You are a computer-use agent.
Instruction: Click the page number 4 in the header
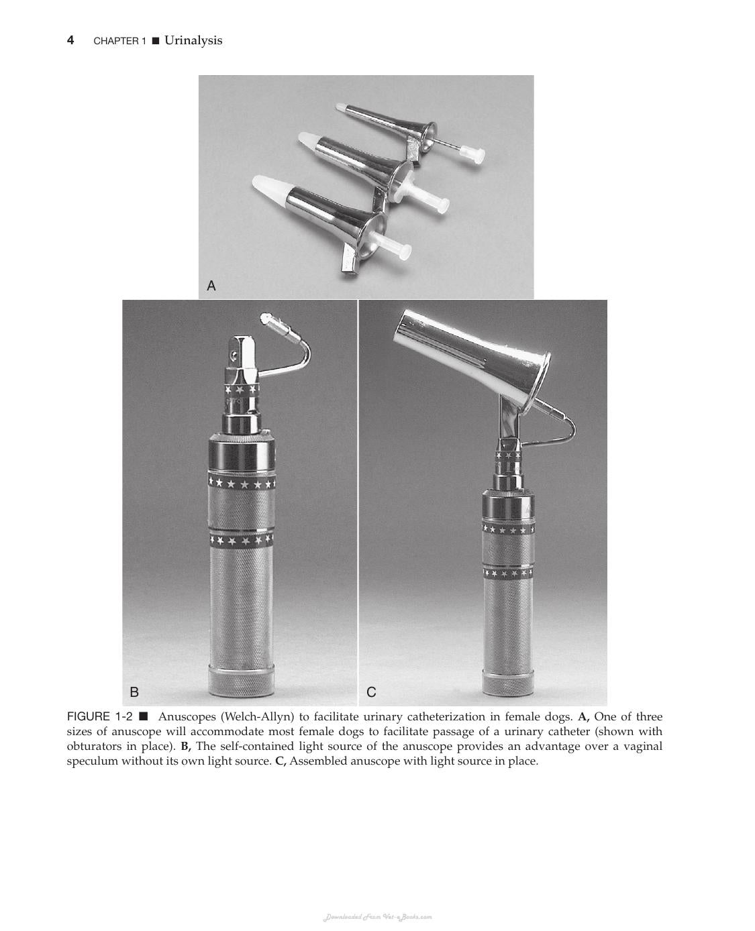pyautogui.click(x=70, y=41)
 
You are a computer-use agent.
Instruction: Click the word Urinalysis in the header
pyautogui.click(x=193, y=41)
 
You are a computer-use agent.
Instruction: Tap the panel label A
pyautogui.click(x=211, y=286)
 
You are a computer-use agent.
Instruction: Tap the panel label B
pyautogui.click(x=134, y=692)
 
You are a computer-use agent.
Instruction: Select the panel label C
pyautogui.click(x=371, y=692)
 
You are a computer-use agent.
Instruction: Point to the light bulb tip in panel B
pyautogui.click(x=265, y=318)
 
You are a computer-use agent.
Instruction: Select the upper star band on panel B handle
pyautogui.click(x=242, y=482)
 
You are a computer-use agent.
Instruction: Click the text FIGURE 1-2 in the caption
pyautogui.click(x=99, y=717)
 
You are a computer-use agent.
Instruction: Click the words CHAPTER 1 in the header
pyautogui.click(x=119, y=41)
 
